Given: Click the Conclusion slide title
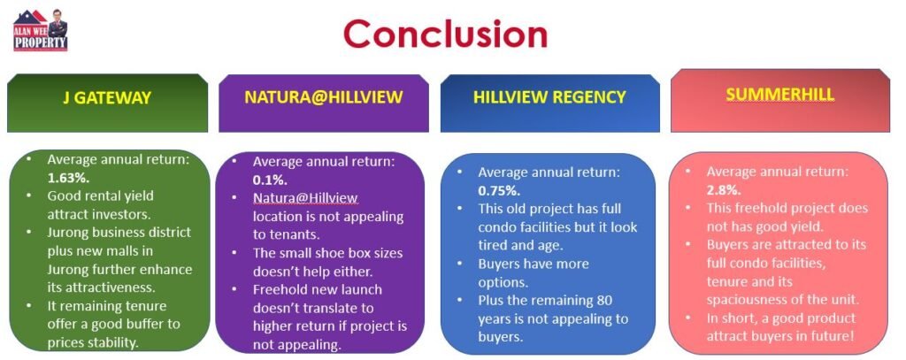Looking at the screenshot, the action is pyautogui.click(x=445, y=34).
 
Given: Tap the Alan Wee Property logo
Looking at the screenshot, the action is pyautogui.click(x=41, y=30).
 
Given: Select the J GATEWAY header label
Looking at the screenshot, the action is pyautogui.click(x=107, y=97).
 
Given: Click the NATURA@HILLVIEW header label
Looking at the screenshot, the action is pyautogui.click(x=323, y=96).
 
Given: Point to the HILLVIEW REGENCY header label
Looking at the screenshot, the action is pyautogui.click(x=549, y=96).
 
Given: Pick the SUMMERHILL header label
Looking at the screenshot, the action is pyautogui.click(x=780, y=95).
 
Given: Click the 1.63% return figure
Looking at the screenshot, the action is pyautogui.click(x=69, y=178).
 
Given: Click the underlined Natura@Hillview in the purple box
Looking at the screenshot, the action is pyautogui.click(x=305, y=198).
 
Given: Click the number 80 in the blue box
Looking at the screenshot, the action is pyautogui.click(x=603, y=301).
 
